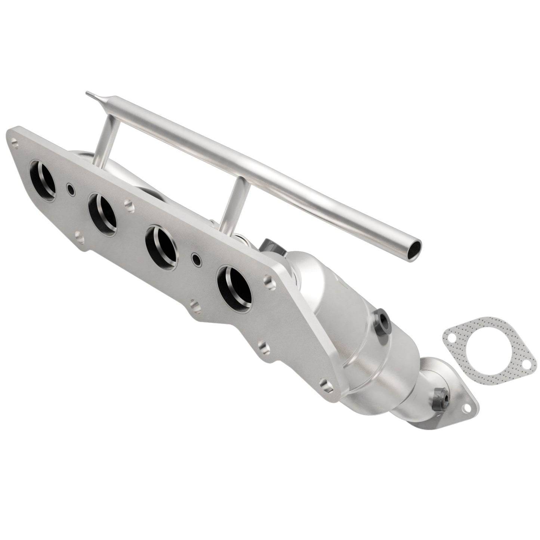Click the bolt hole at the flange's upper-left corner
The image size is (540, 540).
(x=14, y=142)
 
